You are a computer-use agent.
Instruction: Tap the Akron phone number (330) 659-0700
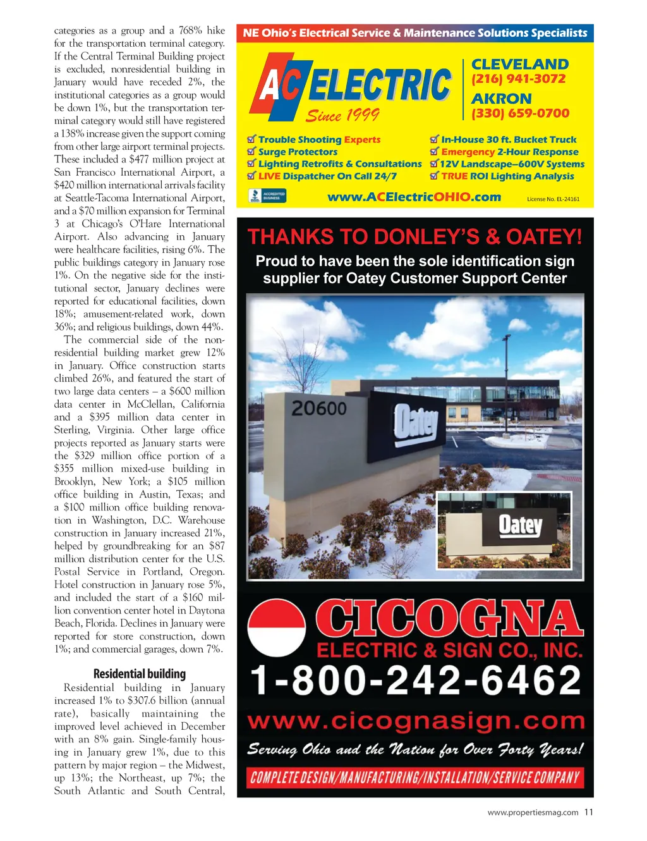pyautogui.click(x=520, y=113)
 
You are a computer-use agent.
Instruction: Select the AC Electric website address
pyautogui.click(x=414, y=197)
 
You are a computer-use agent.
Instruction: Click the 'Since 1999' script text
pyautogui.click(x=342, y=115)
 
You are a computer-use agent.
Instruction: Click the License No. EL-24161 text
pyautogui.click(x=553, y=199)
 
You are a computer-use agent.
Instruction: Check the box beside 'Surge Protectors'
pyautogui.click(x=251, y=152)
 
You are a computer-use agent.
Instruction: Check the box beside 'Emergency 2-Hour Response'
pyautogui.click(x=434, y=152)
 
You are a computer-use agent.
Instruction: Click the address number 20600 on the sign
pyautogui.click(x=319, y=408)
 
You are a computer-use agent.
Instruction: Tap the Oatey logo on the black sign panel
pyautogui.click(x=415, y=422)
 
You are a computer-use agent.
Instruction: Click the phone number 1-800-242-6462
pyautogui.click(x=415, y=681)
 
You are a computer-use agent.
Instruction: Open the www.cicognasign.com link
pyautogui.click(x=415, y=720)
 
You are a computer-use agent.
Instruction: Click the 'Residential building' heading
pyautogui.click(x=140, y=674)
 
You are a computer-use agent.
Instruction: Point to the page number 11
pyautogui.click(x=588, y=813)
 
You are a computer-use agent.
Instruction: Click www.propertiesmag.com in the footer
pyautogui.click(x=533, y=813)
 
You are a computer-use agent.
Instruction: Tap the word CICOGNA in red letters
pyautogui.click(x=449, y=619)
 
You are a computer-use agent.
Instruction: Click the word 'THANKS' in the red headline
pyautogui.click(x=291, y=237)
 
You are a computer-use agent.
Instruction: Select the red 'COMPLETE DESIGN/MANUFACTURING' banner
pyautogui.click(x=415, y=778)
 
